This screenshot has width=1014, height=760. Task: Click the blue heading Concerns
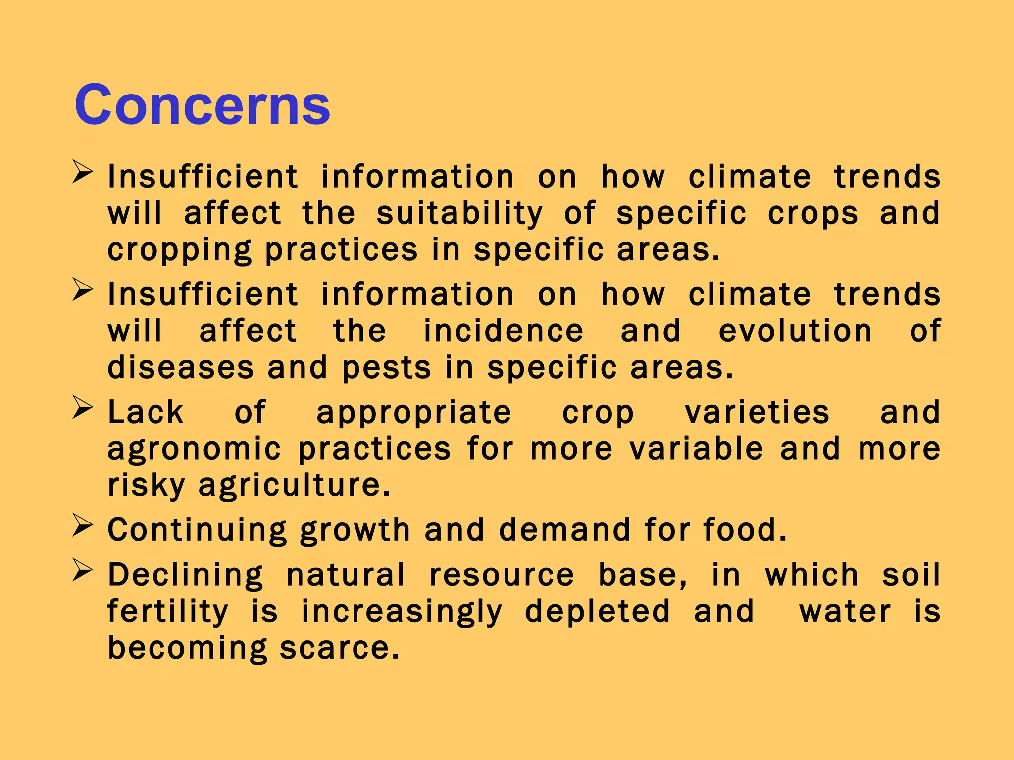coord(202,104)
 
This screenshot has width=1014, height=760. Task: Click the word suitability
coord(459,214)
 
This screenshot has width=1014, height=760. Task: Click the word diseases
coord(181,368)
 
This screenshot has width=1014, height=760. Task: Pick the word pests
coord(386,369)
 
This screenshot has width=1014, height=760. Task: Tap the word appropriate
coord(413,413)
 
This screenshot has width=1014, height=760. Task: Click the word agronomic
coord(194,449)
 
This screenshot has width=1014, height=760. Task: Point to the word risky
coord(146,485)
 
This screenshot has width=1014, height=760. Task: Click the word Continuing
coord(197,530)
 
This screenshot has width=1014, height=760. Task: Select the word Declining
coord(186,575)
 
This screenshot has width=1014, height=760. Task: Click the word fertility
coord(167,612)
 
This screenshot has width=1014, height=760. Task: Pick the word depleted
coord(597,612)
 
